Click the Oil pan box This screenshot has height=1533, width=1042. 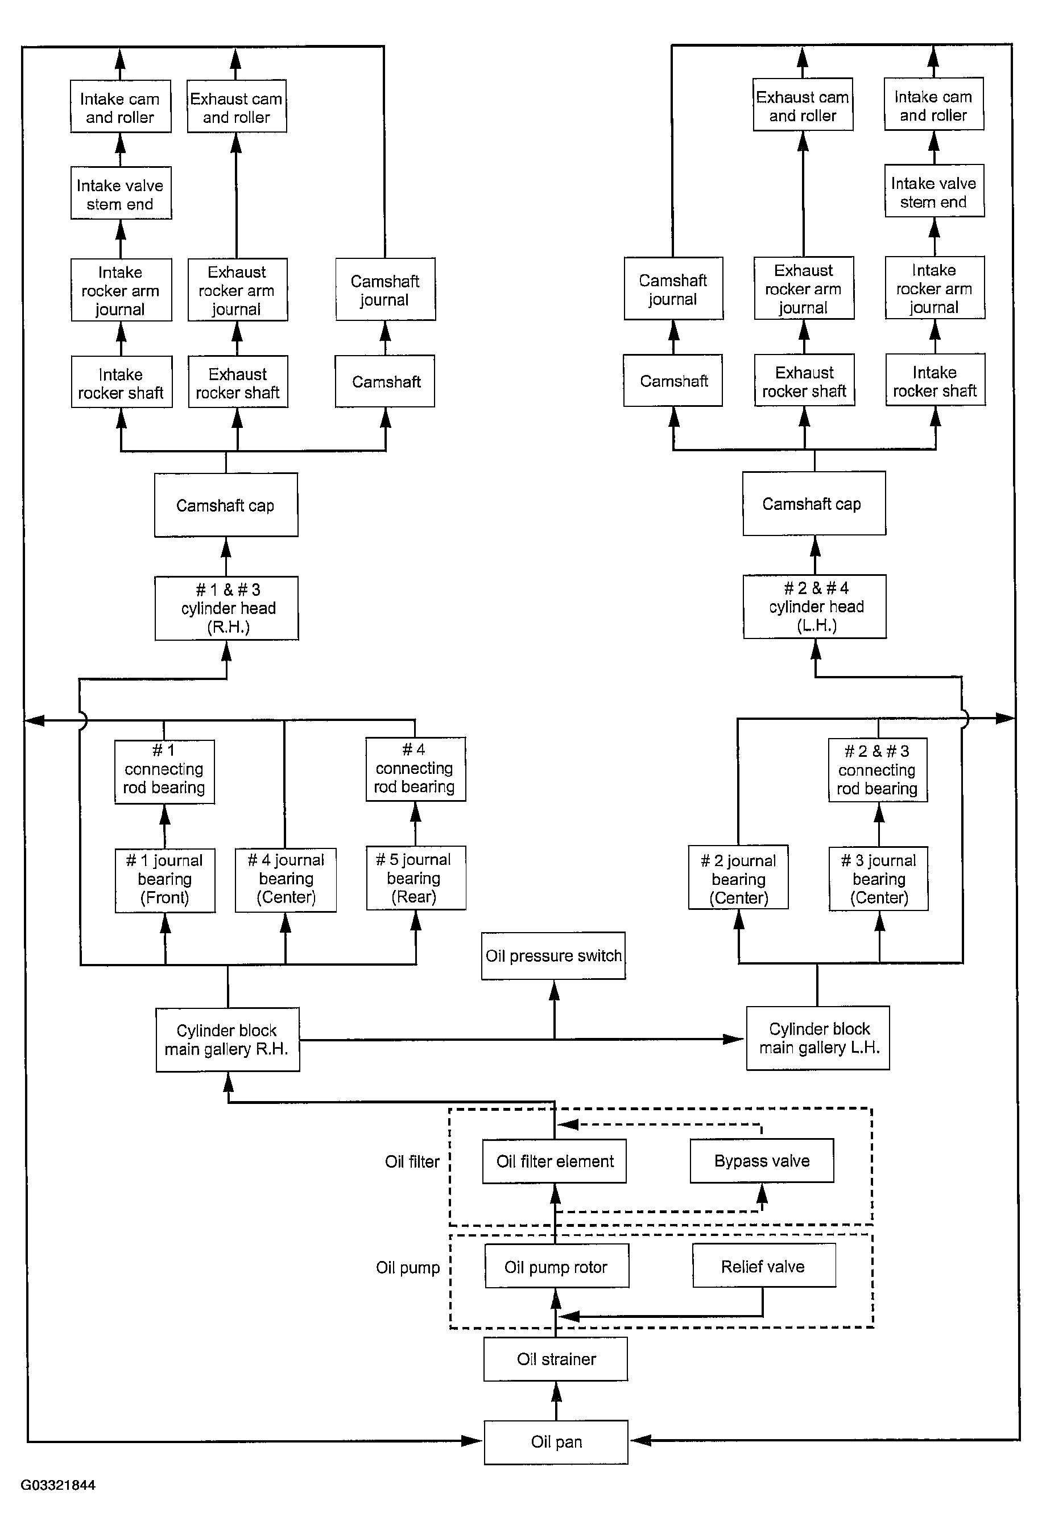pyautogui.click(x=556, y=1442)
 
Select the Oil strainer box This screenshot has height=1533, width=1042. pyautogui.click(x=556, y=1359)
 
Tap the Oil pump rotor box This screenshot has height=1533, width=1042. pyautogui.click(x=557, y=1267)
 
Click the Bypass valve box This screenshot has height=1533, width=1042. pyautogui.click(x=762, y=1161)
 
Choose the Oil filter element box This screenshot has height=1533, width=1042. pyautogui.click(x=555, y=1161)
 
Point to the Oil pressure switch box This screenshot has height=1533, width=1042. pyautogui.click(x=553, y=956)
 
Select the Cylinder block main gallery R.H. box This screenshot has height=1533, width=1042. pyautogui.click(x=228, y=1040)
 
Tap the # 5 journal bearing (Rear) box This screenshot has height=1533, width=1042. pyautogui.click(x=416, y=878)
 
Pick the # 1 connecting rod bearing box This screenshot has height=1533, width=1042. pyautogui.click(x=164, y=772)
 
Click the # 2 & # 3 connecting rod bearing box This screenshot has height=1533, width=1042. pyautogui.click(x=878, y=770)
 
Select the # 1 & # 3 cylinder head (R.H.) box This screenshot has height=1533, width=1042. pyautogui.click(x=227, y=608)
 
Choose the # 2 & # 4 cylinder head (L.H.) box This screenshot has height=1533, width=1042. pyautogui.click(x=815, y=607)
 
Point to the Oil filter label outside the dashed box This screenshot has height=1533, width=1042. pyautogui.click(x=412, y=1161)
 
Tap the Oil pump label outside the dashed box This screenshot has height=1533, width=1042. pyautogui.click(x=408, y=1268)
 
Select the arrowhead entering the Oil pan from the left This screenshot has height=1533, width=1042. pyautogui.click(x=472, y=1441)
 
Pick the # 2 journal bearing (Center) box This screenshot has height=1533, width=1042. pyautogui.click(x=739, y=878)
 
